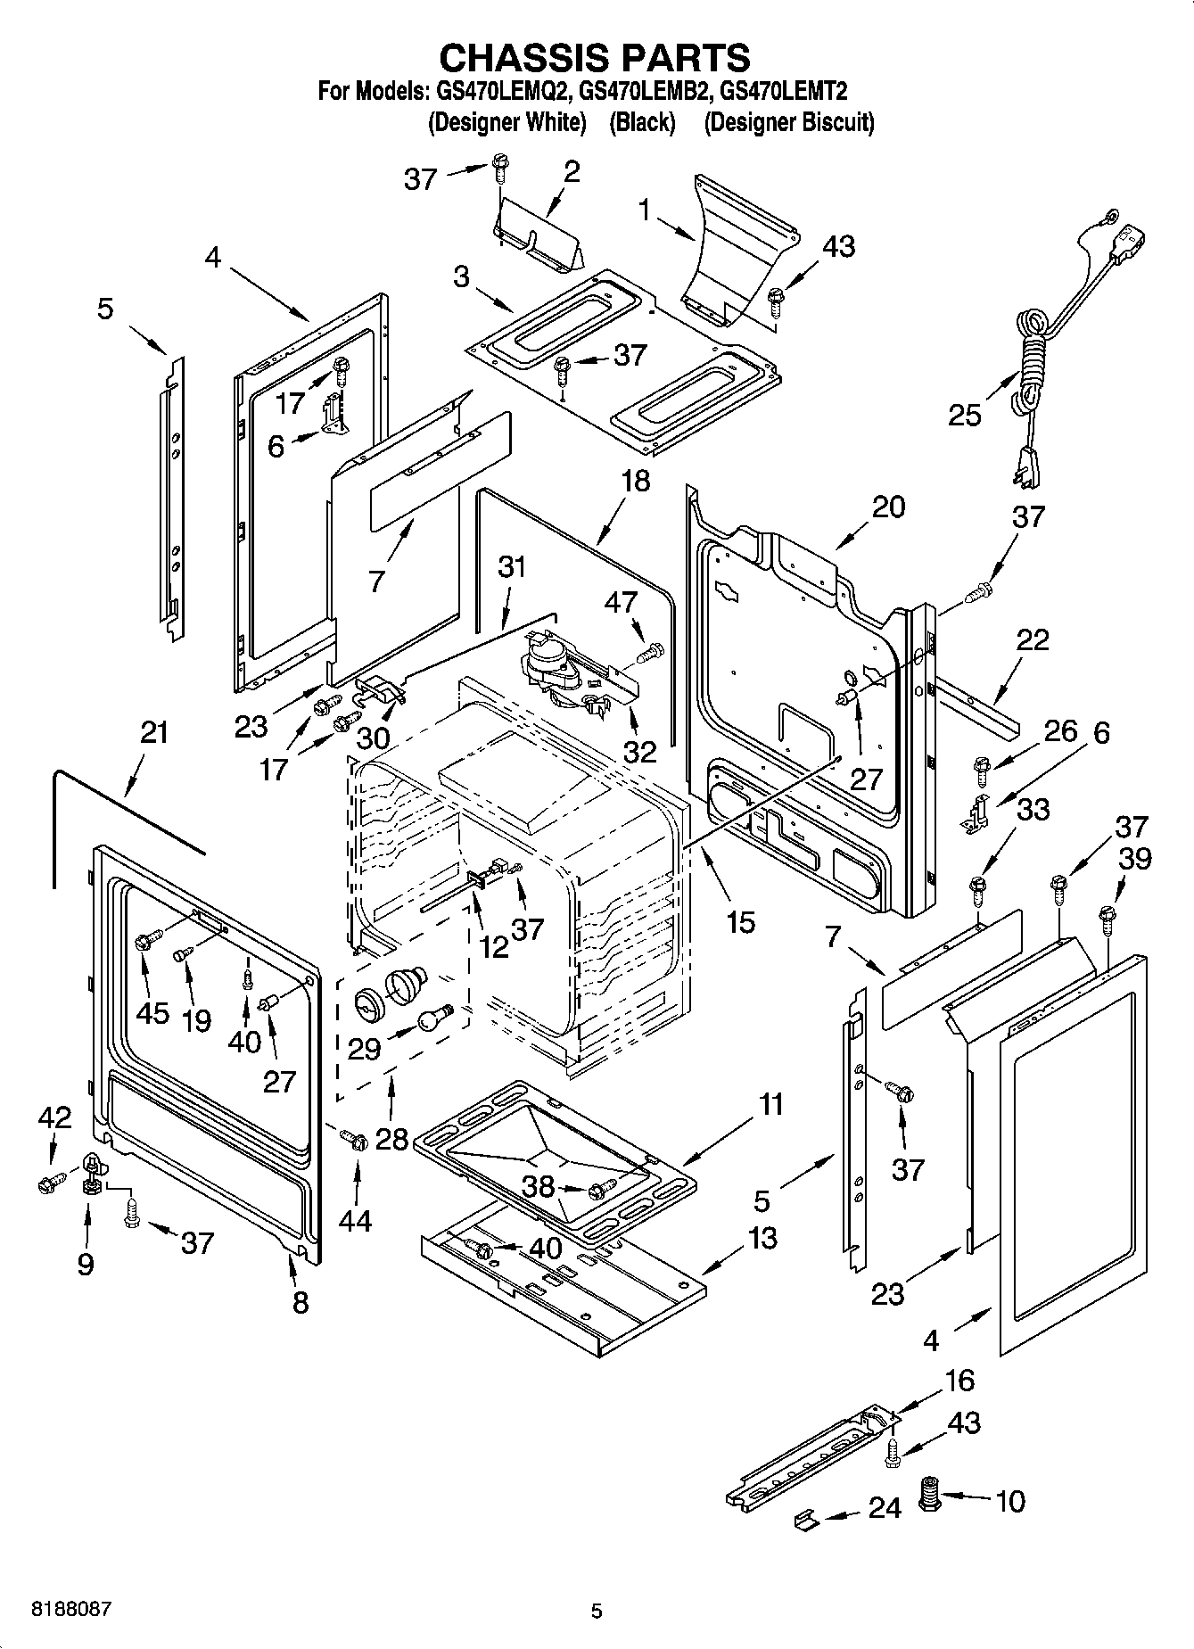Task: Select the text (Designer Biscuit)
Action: coord(788,122)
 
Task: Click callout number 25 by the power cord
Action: coord(965,415)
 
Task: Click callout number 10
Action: coord(1009,1501)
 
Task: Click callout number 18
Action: coord(636,482)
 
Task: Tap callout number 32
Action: coord(639,751)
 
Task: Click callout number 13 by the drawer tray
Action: coord(763,1238)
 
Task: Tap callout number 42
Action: coord(54,1117)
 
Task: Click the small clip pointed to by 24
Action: coord(805,1521)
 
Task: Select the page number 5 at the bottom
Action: coord(597,1611)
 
